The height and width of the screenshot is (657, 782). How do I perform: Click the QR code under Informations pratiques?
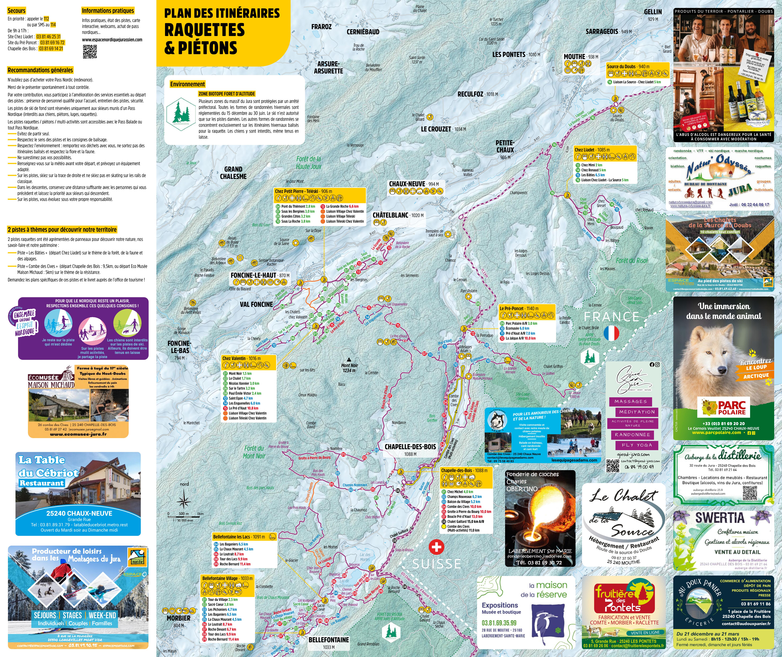(x=90, y=52)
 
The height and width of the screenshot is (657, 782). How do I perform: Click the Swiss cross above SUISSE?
(x=436, y=547)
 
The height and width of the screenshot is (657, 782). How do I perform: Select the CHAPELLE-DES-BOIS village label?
(x=410, y=447)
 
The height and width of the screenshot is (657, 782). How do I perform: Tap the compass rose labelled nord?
(x=184, y=499)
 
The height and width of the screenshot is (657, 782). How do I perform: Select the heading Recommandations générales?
(x=40, y=70)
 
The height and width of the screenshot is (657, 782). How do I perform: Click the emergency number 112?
(x=46, y=19)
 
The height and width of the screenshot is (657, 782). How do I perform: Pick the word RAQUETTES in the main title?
(x=204, y=30)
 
